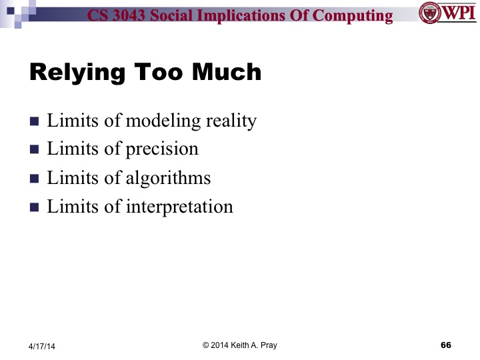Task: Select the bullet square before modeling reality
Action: point(35,122)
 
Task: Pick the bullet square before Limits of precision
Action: point(35,150)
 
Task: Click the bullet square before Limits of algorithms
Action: point(35,179)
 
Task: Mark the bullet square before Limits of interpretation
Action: point(35,207)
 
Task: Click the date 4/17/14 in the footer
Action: point(43,346)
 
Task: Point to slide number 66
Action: point(446,345)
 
